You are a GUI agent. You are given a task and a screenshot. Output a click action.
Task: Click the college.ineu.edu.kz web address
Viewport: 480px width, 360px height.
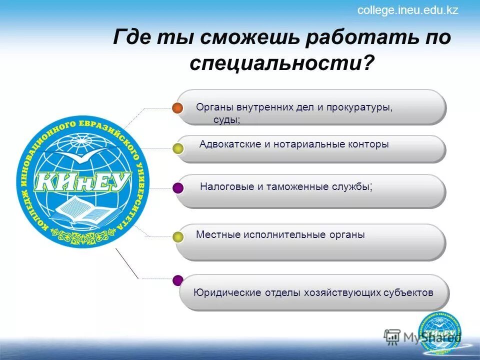tap(407, 10)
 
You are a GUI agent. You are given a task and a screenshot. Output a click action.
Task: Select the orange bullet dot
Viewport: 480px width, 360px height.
tap(177, 108)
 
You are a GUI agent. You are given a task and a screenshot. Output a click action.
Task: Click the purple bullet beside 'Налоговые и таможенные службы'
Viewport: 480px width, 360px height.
tap(178, 188)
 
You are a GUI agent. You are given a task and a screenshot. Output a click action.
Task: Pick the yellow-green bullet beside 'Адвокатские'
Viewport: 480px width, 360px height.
tap(178, 148)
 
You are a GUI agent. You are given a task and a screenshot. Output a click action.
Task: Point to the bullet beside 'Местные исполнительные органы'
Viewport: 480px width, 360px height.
tap(178, 237)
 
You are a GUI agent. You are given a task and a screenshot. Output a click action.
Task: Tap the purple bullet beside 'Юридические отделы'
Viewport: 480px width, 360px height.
tap(178, 280)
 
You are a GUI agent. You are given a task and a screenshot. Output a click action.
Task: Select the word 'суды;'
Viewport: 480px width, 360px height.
tap(227, 120)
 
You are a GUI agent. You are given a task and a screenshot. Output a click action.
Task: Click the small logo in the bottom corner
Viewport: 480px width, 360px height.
tap(439, 333)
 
